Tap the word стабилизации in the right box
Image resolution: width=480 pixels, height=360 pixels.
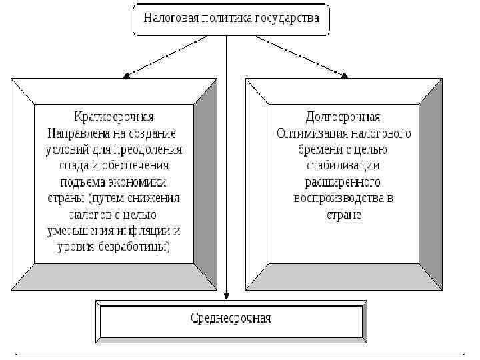343,165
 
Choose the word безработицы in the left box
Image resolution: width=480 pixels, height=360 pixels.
137,247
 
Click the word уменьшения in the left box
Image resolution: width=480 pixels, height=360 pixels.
80,231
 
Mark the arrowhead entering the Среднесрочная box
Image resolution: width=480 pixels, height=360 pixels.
227,294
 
